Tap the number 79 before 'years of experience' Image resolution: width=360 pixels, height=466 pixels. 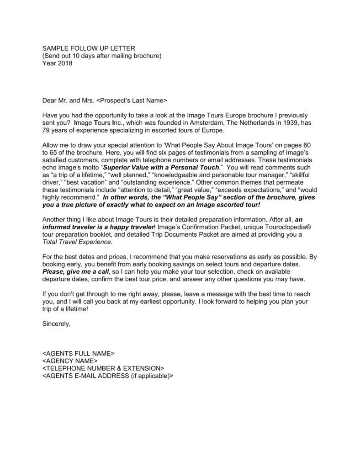(46, 130)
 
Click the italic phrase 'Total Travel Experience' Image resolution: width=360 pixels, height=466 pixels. (76, 242)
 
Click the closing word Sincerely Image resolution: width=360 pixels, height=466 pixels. (56, 323)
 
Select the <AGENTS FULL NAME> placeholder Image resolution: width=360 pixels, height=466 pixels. (78, 353)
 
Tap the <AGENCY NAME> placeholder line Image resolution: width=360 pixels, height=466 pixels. (70, 360)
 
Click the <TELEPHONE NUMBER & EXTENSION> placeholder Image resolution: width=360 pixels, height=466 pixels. (103, 368)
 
